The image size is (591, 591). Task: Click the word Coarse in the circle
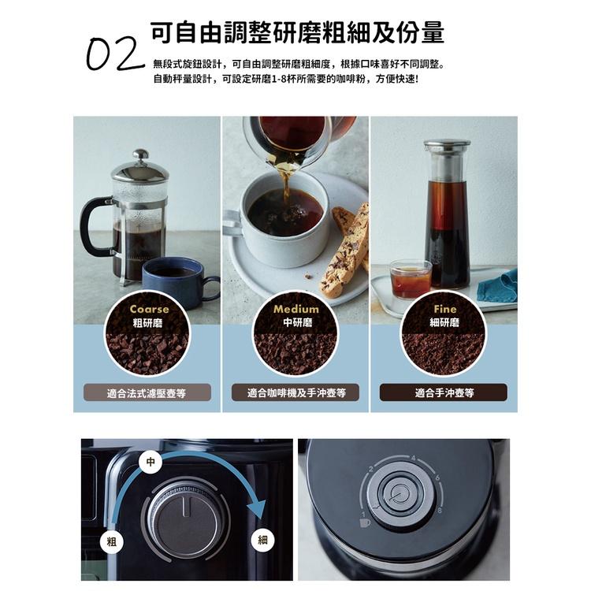pyautogui.click(x=149, y=309)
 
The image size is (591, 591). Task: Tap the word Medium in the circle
pyautogui.click(x=296, y=309)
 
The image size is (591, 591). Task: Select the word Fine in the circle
pyautogui.click(x=444, y=309)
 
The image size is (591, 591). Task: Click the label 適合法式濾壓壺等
pyautogui.click(x=147, y=392)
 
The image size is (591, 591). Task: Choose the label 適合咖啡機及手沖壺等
pyautogui.click(x=296, y=392)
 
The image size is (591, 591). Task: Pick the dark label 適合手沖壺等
pyautogui.click(x=444, y=392)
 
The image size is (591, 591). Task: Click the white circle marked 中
pyautogui.click(x=148, y=459)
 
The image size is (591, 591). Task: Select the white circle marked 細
pyautogui.click(x=262, y=541)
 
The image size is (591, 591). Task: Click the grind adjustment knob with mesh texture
pyautogui.click(x=184, y=520)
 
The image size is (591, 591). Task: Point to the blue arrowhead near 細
pyautogui.click(x=258, y=508)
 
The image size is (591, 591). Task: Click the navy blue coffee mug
pyautogui.click(x=175, y=281)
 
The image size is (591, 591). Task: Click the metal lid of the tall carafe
pyautogui.click(x=447, y=146)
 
